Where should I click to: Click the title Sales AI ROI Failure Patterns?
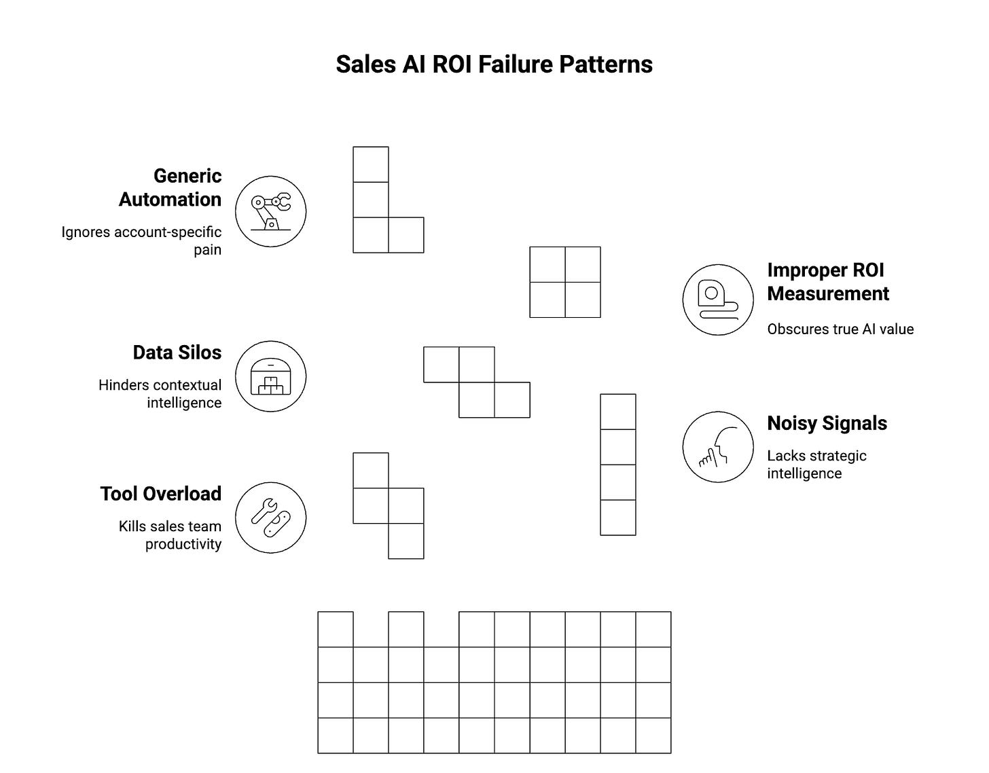(x=494, y=65)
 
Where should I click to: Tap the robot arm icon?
(x=270, y=211)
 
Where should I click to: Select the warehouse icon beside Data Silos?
(x=270, y=376)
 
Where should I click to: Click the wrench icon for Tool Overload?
(x=270, y=518)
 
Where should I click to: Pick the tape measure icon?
(x=717, y=300)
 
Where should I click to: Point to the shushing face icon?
(x=717, y=447)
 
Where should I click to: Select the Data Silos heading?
(x=177, y=353)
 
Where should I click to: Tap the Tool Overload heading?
(x=161, y=494)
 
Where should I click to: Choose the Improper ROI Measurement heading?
(x=827, y=282)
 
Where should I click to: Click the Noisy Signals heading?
(x=827, y=423)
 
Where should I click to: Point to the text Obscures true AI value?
(x=840, y=329)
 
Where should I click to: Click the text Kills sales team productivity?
(x=170, y=535)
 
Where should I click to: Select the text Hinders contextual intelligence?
(x=160, y=394)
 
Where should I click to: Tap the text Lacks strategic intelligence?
(x=816, y=465)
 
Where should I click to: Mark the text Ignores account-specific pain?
(x=141, y=240)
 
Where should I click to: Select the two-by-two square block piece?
(x=564, y=282)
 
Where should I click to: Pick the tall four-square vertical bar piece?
(x=617, y=465)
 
